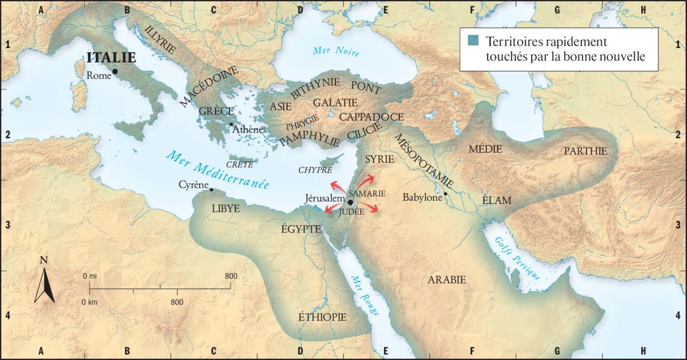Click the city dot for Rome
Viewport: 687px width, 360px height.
tap(115, 71)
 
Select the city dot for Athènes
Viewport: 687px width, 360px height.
tap(231, 124)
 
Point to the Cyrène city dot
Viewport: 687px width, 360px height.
tap(212, 190)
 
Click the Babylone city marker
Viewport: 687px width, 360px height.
tap(445, 194)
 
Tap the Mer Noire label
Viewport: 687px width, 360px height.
tap(336, 52)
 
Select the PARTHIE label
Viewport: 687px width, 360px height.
tap(586, 151)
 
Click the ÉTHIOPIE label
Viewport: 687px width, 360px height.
tap(322, 317)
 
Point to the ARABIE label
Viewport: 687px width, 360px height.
tap(447, 280)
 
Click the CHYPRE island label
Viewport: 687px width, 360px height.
tap(315, 170)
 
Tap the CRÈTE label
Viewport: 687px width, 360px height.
tap(239, 164)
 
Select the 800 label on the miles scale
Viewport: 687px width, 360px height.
tap(231, 276)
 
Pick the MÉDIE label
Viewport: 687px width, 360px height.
tap(482, 148)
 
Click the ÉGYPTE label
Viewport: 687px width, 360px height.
tap(301, 229)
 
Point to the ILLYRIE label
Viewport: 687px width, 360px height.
tap(161, 39)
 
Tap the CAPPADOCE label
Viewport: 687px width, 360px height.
tap(371, 117)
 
